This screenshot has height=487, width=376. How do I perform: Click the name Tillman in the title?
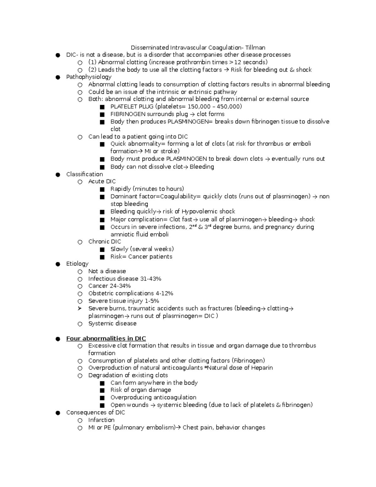point(255,48)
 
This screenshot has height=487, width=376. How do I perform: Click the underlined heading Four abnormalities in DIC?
point(106,338)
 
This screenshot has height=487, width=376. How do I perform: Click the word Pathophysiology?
point(89,77)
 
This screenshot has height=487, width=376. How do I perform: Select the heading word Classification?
point(84,174)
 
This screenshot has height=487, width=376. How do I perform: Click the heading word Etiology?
point(77,264)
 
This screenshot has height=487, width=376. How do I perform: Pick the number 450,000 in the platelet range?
point(229,107)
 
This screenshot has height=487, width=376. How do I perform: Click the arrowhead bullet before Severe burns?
point(80,309)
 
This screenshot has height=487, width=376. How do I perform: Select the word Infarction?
point(101,420)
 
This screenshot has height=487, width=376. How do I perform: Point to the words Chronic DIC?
point(104,242)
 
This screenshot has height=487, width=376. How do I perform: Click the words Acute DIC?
point(102,182)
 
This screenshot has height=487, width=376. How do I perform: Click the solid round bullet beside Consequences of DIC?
point(58,413)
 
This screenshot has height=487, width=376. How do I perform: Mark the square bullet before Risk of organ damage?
point(102,390)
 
